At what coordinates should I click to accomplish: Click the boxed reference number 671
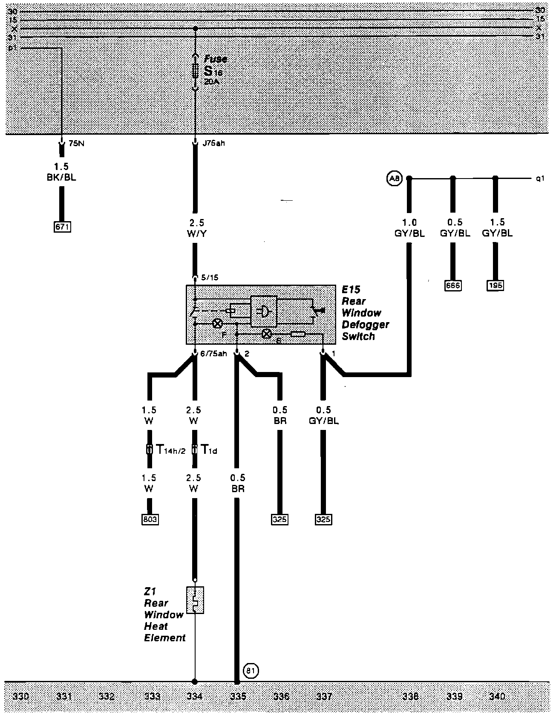pyautogui.click(x=62, y=227)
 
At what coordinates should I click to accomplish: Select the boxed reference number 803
pyautogui.click(x=150, y=519)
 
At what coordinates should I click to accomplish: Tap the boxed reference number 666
pyautogui.click(x=452, y=285)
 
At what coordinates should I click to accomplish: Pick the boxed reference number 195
pyautogui.click(x=495, y=285)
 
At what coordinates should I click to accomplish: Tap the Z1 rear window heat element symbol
pyautogui.click(x=195, y=600)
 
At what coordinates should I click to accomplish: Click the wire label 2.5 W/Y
pyautogui.click(x=196, y=228)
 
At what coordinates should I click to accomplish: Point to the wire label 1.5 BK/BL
pyautogui.click(x=61, y=172)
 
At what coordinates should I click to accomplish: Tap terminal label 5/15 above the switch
pyautogui.click(x=209, y=277)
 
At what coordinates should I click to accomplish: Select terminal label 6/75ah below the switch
pyautogui.click(x=213, y=353)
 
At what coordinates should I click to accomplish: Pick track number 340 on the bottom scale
pyautogui.click(x=497, y=696)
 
